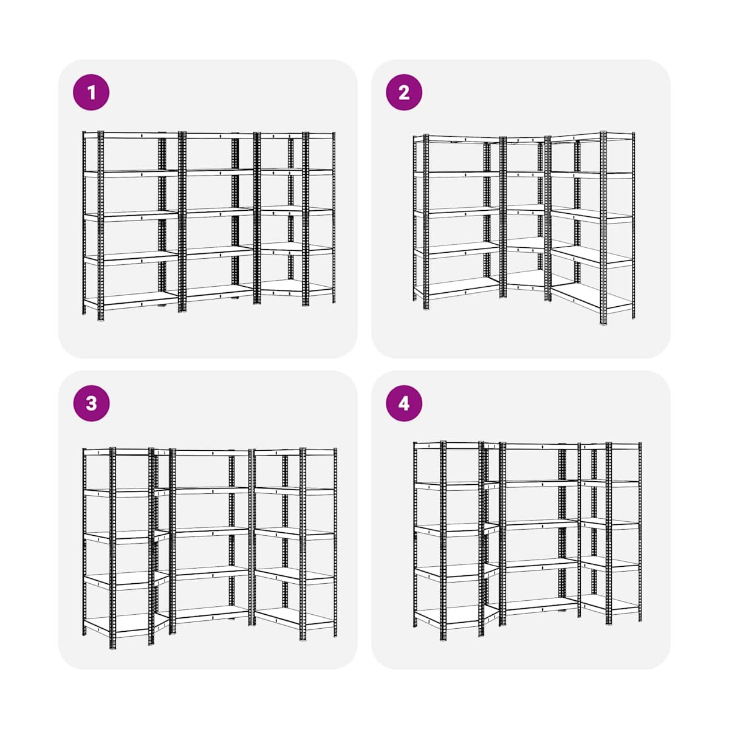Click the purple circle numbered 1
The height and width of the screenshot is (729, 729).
point(91,92)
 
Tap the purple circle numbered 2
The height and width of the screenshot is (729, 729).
point(404,92)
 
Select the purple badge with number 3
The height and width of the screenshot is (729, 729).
point(91,403)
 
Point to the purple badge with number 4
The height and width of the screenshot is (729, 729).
point(404,403)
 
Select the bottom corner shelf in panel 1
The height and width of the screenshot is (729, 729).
point(292,287)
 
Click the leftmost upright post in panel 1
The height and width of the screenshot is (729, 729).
point(84,223)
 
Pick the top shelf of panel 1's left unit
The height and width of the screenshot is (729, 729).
point(131,135)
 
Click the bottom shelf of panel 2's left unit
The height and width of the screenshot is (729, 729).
point(457,288)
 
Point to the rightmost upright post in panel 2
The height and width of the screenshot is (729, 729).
point(633,225)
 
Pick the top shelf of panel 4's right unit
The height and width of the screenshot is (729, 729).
point(610,446)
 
